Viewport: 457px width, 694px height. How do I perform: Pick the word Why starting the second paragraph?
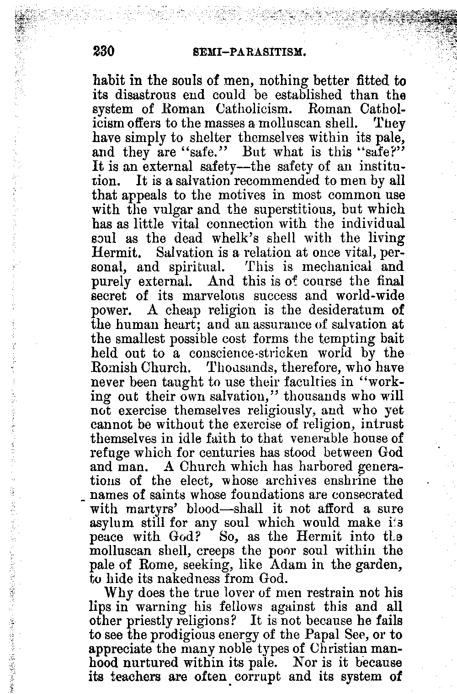119,593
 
